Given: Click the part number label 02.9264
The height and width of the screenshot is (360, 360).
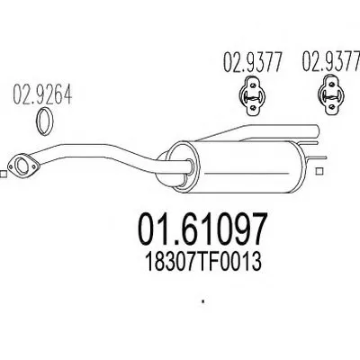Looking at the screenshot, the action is coord(42,94).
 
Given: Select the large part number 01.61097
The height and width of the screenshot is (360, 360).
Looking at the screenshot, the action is coord(202,229).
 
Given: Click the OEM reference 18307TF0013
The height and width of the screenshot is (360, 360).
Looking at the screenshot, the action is coord(203,261).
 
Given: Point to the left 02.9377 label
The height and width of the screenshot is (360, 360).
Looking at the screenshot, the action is coord(253,62).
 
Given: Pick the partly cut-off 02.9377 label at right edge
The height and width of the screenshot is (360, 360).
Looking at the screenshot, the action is coord(331,61).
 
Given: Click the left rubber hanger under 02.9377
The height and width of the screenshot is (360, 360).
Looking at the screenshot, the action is coord(253,95).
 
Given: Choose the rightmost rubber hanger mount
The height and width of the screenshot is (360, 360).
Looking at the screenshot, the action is coord(330,95).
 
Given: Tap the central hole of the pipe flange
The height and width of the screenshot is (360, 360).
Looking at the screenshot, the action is coord(21,166).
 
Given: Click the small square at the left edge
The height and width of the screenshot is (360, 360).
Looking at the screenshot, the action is coord(3,175).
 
